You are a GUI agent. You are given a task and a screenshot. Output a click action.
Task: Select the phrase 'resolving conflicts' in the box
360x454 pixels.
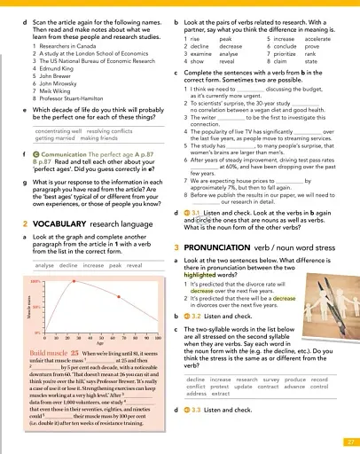[85, 130]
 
